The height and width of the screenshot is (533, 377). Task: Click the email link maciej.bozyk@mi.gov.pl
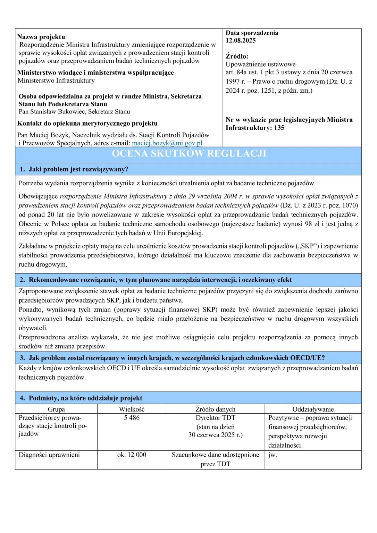pyautogui.click(x=167, y=143)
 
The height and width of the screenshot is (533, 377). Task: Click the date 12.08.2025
pyautogui.click(x=241, y=40)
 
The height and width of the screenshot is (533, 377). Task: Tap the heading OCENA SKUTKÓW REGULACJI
pyautogui.click(x=189, y=154)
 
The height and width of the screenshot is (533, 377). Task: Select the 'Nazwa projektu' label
pyautogui.click(x=41, y=37)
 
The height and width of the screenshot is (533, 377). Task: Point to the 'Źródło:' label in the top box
pyautogui.click(x=237, y=56)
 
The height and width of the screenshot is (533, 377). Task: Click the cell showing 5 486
pyautogui.click(x=132, y=418)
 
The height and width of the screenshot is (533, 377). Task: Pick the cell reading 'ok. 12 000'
pyautogui.click(x=132, y=455)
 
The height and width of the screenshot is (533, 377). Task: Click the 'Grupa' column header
pyautogui.click(x=56, y=409)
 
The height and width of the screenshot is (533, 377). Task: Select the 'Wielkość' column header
pyautogui.click(x=132, y=409)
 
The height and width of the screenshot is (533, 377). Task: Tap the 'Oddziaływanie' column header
pyautogui.click(x=313, y=409)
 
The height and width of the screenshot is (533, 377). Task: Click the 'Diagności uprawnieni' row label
pyautogui.click(x=49, y=455)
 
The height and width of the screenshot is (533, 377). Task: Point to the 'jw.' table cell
pyautogui.click(x=273, y=455)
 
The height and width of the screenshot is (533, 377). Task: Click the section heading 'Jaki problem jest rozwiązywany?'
pyautogui.click(x=78, y=169)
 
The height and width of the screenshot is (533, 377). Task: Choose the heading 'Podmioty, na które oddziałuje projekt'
pyautogui.click(x=85, y=398)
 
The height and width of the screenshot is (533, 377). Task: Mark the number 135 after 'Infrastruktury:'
pyautogui.click(x=279, y=128)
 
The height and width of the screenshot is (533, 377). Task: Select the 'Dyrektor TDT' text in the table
pyautogui.click(x=215, y=418)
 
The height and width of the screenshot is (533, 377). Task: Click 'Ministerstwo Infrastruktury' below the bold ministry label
pyautogui.click(x=56, y=81)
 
